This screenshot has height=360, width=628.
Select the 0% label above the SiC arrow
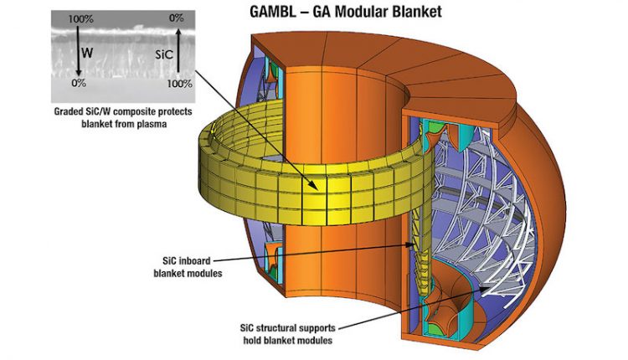coord(176,18)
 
